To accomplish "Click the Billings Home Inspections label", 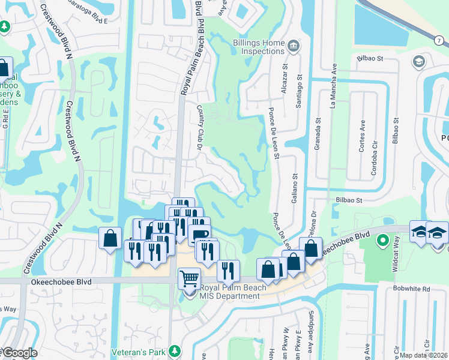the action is [x=258, y=47].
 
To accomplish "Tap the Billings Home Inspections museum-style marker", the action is [x=293, y=46].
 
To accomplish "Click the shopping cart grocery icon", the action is [x=189, y=278].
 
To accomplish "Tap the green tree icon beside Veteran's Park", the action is [x=174, y=350].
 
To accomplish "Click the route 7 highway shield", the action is [x=439, y=40].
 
